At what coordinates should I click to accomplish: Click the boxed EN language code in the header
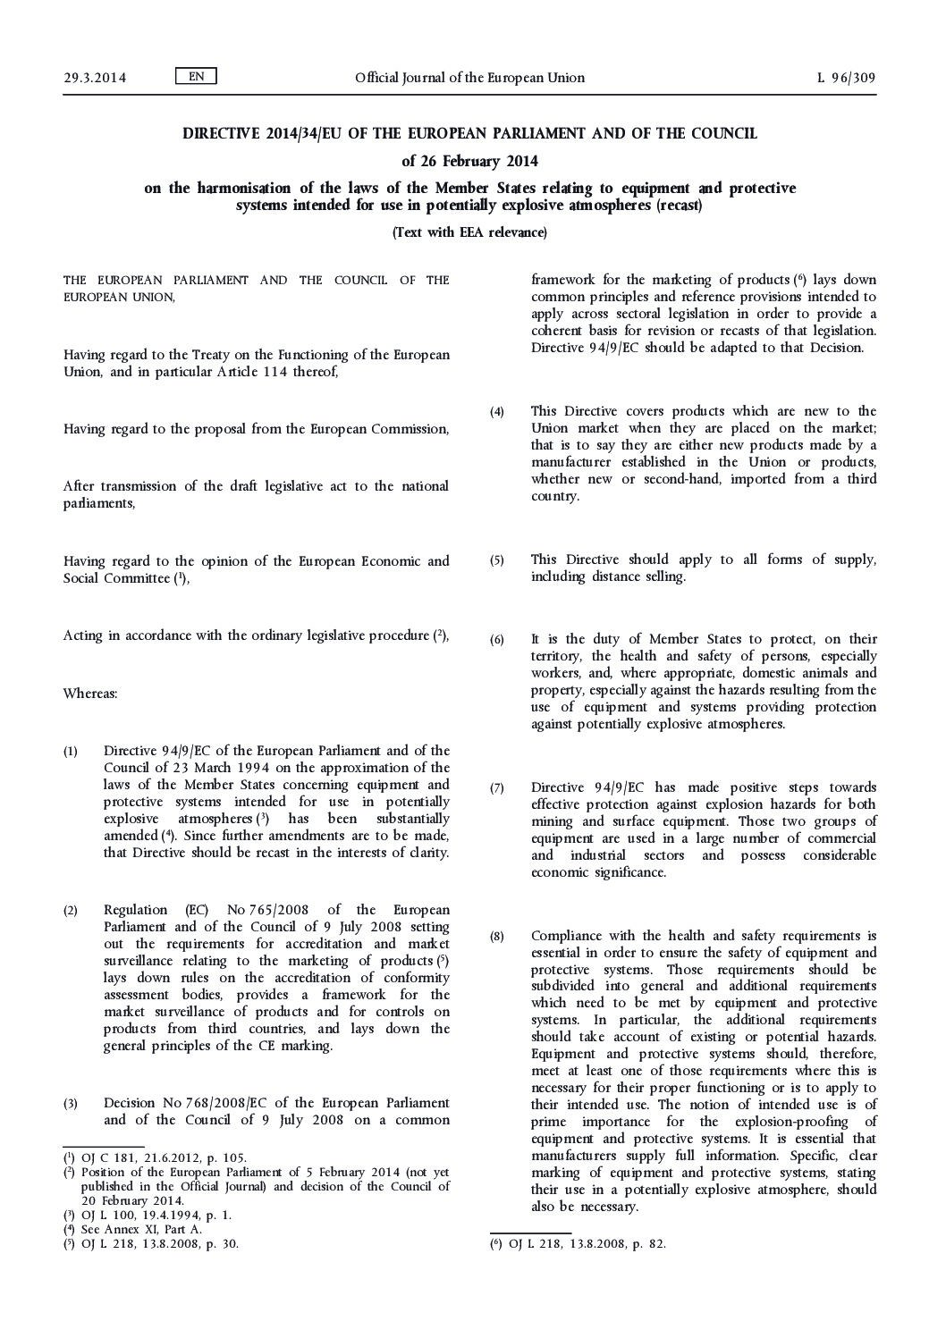tap(197, 77)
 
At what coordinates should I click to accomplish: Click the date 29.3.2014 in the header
tap(95, 78)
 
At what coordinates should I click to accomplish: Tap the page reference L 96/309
tap(846, 78)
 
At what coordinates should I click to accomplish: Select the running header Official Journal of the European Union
tap(469, 78)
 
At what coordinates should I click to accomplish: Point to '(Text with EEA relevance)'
tap(469, 232)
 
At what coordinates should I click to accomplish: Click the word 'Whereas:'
tap(90, 693)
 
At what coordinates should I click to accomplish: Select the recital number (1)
tap(71, 752)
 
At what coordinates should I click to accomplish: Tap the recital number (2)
tap(71, 911)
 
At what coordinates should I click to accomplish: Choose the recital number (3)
tap(71, 1104)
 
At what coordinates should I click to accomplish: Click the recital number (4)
tap(497, 412)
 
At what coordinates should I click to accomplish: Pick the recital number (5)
tap(497, 560)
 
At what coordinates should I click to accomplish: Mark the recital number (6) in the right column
tap(497, 640)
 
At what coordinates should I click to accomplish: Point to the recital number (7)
tap(497, 788)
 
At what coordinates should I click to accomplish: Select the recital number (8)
tap(497, 937)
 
